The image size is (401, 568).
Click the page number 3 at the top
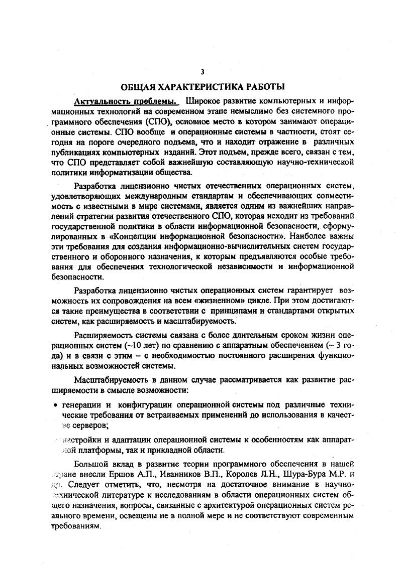pyautogui.click(x=202, y=71)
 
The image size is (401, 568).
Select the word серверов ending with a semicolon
pyautogui.click(x=89, y=425)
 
